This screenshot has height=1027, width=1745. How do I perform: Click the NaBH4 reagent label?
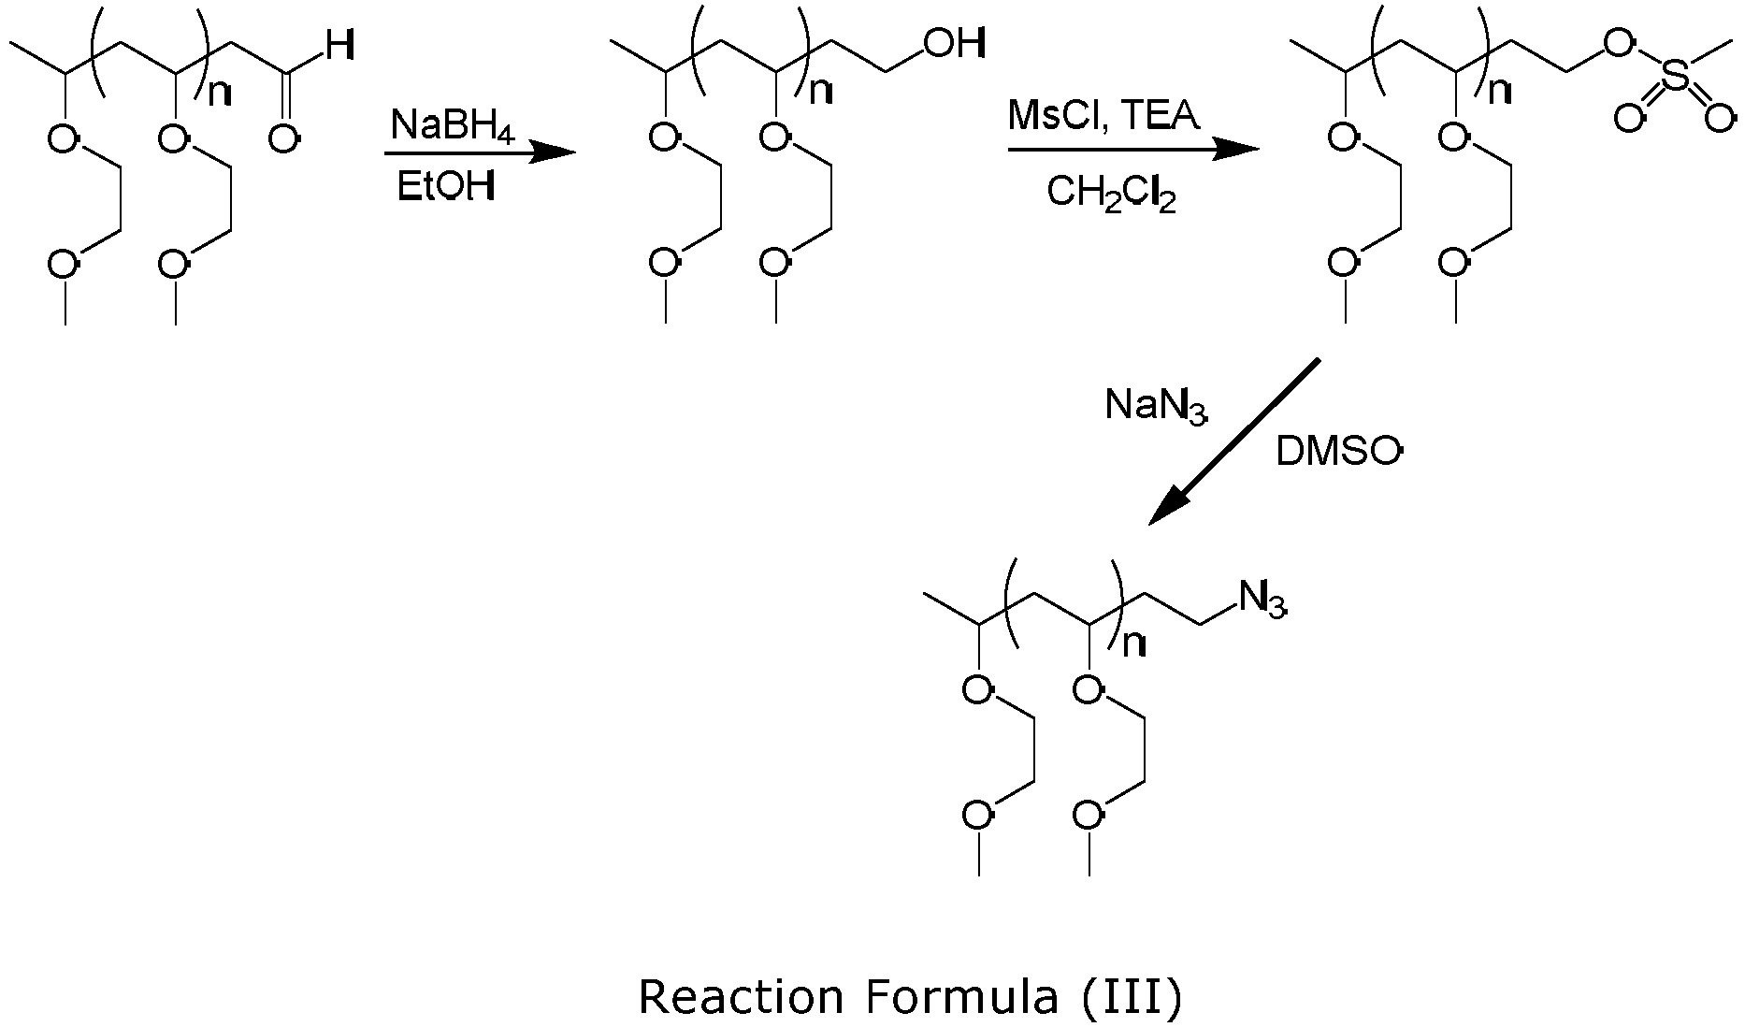tap(454, 125)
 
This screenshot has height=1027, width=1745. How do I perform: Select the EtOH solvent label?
tap(445, 187)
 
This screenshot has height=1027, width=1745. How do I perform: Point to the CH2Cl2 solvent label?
tap(1111, 194)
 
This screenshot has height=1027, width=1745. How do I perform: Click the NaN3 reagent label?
tap(1156, 406)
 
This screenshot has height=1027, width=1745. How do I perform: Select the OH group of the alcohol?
tap(954, 43)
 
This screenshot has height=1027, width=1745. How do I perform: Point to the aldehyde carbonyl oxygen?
tap(285, 139)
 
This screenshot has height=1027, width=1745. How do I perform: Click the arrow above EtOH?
tap(480, 152)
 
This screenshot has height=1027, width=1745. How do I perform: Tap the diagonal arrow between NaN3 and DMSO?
tap(1234, 441)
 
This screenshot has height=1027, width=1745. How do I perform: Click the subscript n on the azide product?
tap(1134, 644)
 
